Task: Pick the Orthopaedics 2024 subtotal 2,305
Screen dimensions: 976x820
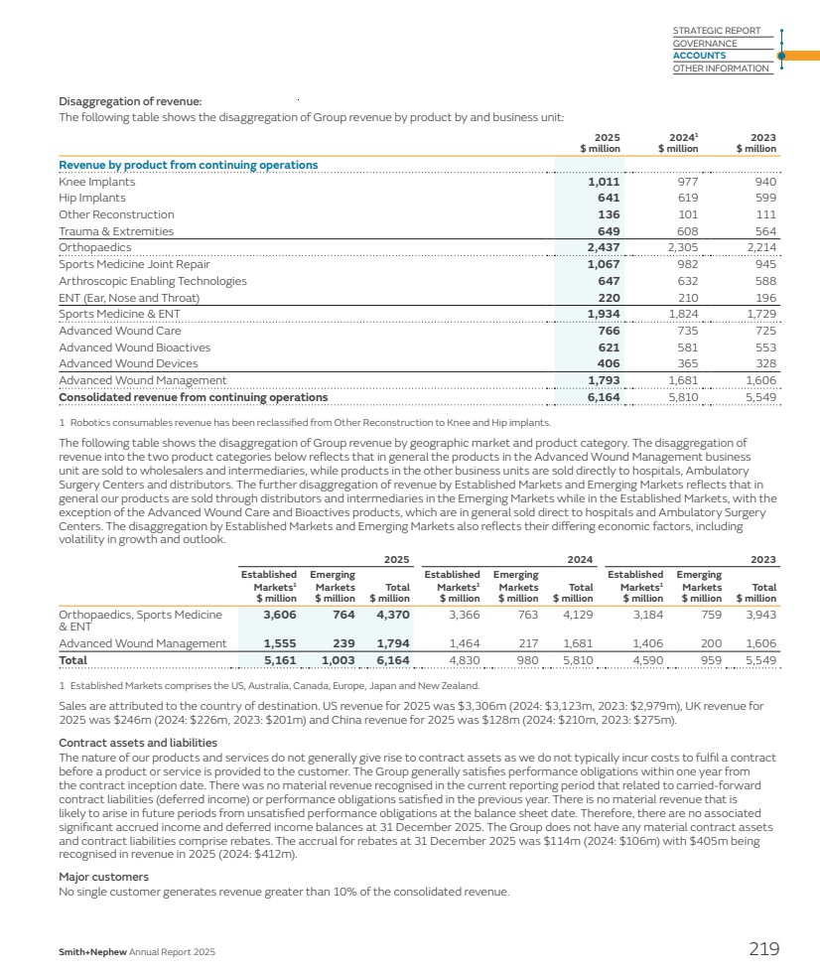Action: (681, 247)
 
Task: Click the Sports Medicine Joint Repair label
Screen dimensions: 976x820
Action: (134, 264)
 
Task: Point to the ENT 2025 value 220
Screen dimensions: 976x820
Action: (608, 298)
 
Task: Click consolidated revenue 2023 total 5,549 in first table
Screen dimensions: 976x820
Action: (759, 398)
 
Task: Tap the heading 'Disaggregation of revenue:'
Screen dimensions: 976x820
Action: (130, 101)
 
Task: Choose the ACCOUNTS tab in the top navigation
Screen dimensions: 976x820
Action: (699, 56)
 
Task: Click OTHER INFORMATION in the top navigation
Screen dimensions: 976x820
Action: (721, 69)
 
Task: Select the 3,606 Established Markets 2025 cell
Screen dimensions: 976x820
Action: (278, 615)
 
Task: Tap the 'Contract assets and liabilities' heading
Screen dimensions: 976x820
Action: (138, 743)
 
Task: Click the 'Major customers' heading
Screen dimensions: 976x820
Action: (103, 877)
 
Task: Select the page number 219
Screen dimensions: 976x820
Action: (763, 949)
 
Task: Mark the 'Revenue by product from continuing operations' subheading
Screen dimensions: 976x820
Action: (189, 165)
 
